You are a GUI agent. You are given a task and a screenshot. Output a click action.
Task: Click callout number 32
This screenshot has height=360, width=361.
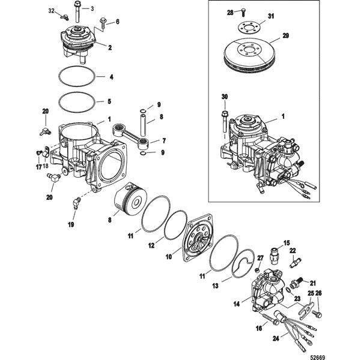50,11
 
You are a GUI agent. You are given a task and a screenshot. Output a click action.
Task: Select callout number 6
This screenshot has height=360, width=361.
117,22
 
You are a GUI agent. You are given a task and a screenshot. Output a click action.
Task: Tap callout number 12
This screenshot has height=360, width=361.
151,245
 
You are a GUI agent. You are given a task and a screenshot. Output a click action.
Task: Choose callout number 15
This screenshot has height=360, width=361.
287,242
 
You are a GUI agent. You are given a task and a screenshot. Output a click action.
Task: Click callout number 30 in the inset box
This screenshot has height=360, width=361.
225,97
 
